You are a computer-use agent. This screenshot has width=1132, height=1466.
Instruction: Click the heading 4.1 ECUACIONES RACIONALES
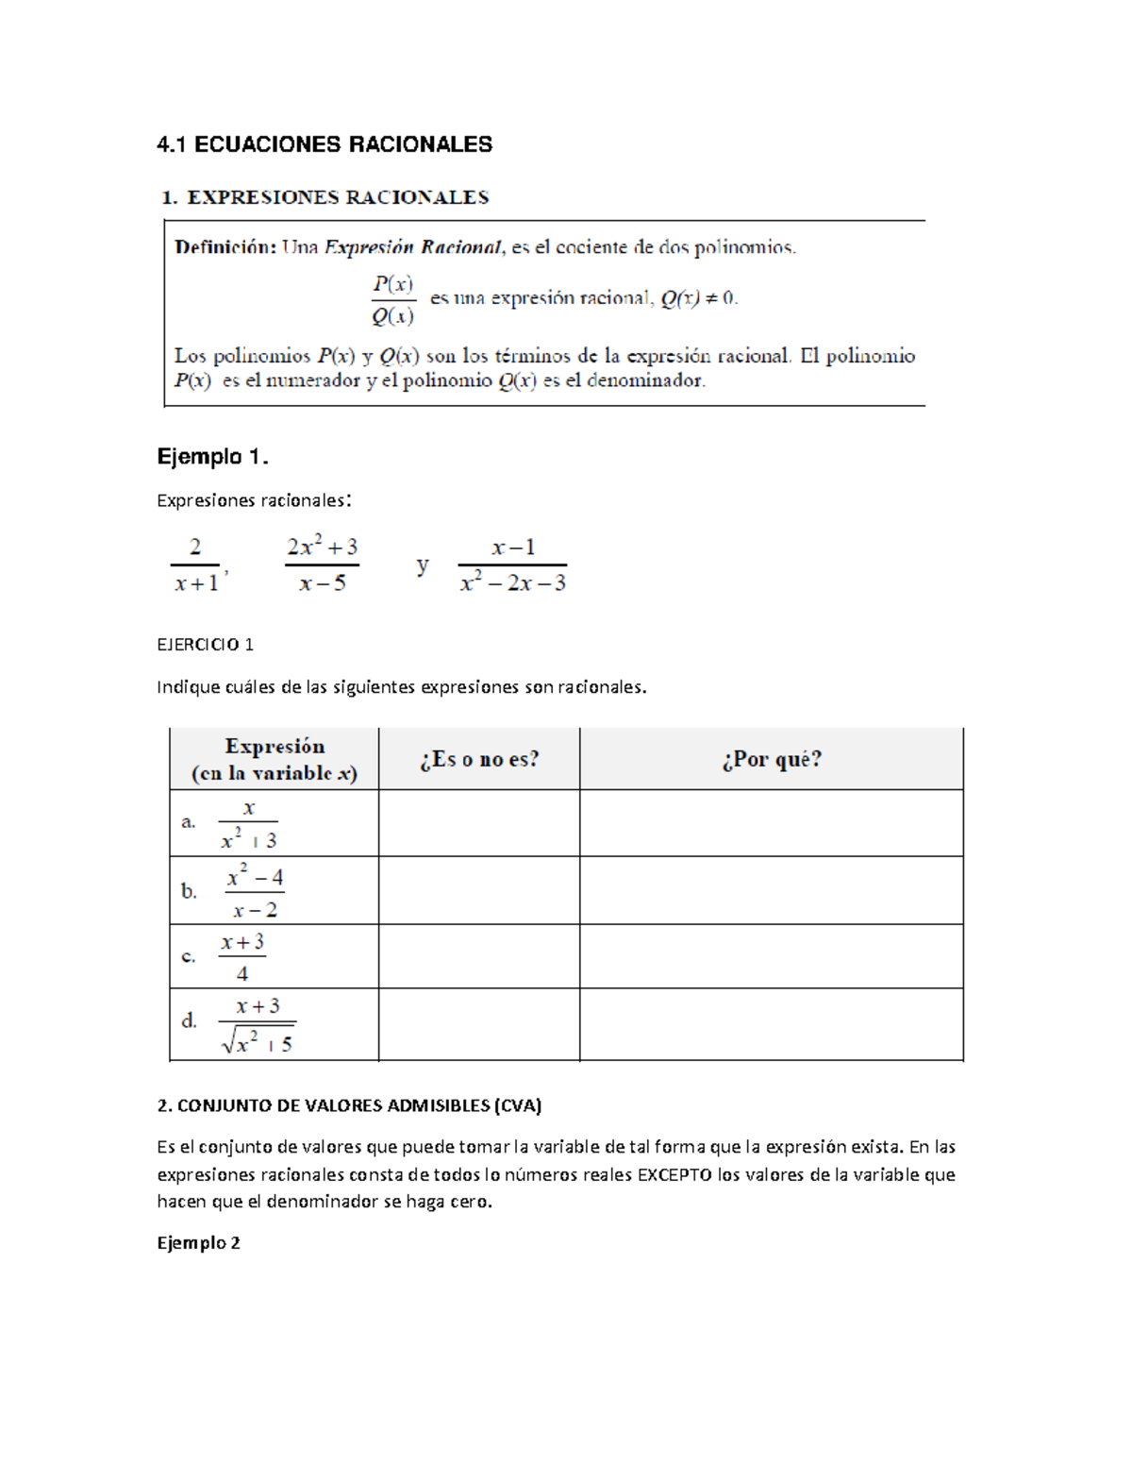pos(325,144)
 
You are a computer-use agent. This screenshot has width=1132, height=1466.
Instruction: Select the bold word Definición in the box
pos(225,248)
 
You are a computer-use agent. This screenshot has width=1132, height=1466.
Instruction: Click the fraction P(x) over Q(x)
pos(392,299)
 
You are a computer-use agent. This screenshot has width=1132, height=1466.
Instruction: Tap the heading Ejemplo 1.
pos(212,457)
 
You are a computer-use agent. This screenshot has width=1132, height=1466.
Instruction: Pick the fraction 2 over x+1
pos(196,564)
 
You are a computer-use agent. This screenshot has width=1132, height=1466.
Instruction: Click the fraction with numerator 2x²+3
pos(322,564)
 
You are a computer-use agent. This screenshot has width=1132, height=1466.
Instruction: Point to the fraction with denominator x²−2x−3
pos(512,564)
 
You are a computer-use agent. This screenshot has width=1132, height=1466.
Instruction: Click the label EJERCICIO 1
pos(205,645)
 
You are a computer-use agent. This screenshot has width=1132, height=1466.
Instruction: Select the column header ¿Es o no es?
pos(479,759)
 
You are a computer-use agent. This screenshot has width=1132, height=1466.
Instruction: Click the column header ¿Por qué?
pos(771,759)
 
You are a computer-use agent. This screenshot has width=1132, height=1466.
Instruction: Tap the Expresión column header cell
pos(274,759)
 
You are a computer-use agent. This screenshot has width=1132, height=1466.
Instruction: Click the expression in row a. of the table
pos(248,824)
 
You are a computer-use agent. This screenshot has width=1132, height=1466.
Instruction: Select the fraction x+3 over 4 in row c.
pos(242,957)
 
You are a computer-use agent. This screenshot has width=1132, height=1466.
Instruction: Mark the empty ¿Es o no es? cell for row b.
pos(479,890)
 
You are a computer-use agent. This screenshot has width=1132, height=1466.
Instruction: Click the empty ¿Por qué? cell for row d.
pos(771,1024)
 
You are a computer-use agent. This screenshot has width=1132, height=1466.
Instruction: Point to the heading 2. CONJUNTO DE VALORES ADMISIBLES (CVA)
pos(349,1104)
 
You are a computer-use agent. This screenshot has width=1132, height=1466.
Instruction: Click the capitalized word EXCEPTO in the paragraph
pos(674,1174)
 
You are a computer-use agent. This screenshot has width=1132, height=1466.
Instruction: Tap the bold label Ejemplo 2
pos(198,1242)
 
